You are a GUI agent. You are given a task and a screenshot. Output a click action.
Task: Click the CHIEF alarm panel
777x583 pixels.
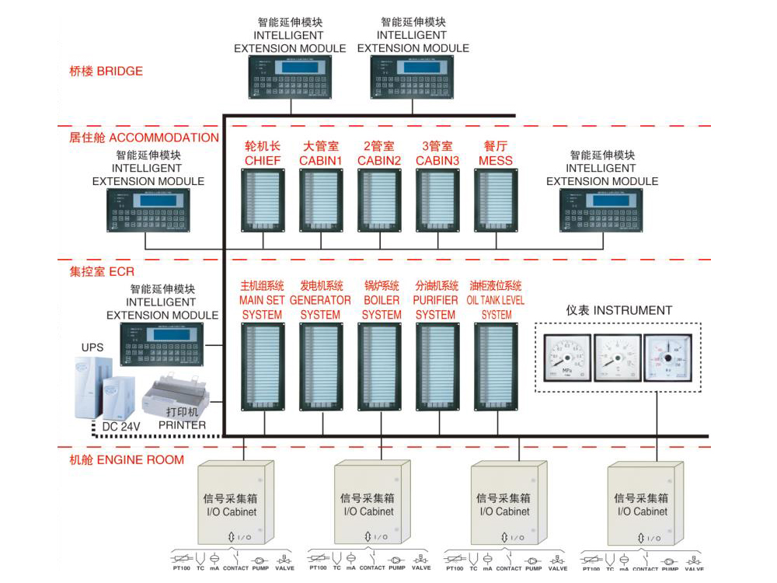pos(263,201)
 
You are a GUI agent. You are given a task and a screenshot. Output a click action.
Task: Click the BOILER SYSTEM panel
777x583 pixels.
pos(381,366)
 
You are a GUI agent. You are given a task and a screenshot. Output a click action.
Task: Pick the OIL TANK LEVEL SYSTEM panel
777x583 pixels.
pos(497,366)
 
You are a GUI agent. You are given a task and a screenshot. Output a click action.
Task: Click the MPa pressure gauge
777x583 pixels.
pos(566,358)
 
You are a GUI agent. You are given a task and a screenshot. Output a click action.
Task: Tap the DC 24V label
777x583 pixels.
pos(121,426)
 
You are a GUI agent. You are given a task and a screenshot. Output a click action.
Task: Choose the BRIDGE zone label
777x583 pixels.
pos(106,72)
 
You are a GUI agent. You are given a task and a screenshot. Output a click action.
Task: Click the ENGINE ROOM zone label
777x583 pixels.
pos(127,459)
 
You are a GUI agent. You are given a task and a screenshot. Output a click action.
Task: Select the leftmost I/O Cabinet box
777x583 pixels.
pos(236,504)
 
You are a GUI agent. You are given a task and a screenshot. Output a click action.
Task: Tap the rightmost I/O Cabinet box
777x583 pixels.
pos(646,504)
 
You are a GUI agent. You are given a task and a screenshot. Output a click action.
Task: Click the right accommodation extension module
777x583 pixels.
pos(602,210)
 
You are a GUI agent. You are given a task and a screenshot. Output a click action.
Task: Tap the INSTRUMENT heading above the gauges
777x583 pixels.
pos(618,310)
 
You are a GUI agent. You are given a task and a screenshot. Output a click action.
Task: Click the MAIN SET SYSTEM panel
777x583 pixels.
pos(263,366)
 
